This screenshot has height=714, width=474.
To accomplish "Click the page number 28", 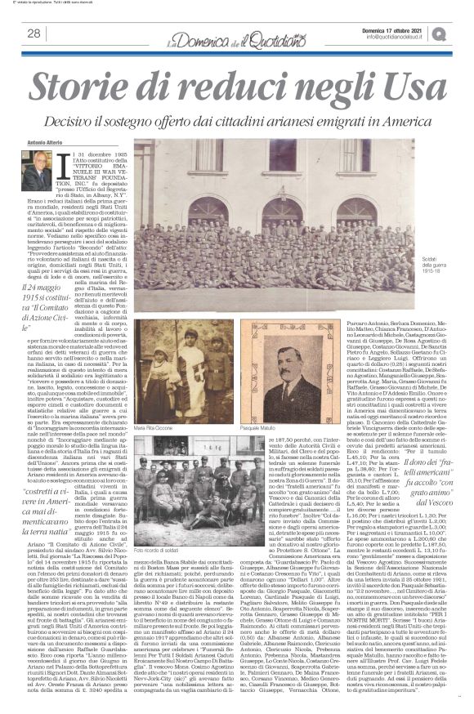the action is click(x=34, y=33).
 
